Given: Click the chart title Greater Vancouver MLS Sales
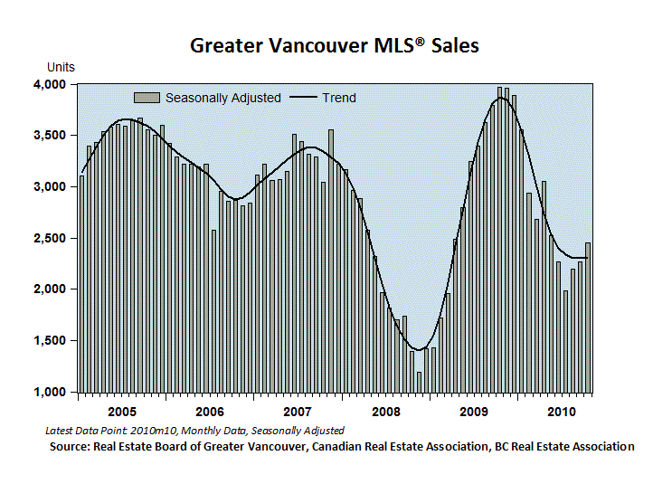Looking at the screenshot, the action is tap(335, 45).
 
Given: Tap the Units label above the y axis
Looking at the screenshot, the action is tap(61, 67).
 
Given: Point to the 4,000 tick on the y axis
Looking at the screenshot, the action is tap(50, 84).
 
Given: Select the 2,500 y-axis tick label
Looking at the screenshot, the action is tap(50, 238).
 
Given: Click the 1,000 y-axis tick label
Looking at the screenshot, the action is tap(50, 393).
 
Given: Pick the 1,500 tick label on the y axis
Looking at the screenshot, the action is tap(50, 341).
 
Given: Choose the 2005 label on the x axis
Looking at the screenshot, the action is tap(122, 412).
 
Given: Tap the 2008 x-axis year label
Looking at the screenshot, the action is tap(386, 412).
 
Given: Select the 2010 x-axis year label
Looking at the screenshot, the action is tap(562, 412).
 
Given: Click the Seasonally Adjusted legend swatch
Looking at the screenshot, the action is tap(147, 98).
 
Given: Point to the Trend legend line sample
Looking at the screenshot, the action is tap(303, 98).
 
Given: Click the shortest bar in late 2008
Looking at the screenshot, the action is tap(419, 383).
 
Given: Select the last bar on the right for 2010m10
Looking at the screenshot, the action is tap(588, 318).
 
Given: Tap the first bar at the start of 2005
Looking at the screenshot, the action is tap(82, 284).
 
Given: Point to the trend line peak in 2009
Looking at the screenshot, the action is tap(500, 98).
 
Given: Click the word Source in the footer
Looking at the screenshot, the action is tap(70, 447).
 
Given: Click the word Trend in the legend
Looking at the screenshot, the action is tap(339, 98).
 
